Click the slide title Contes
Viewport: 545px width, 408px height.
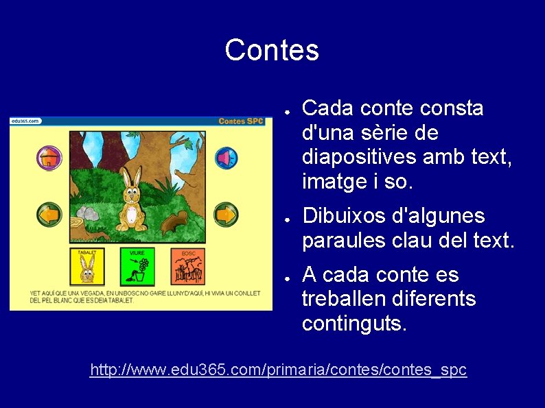[272, 50]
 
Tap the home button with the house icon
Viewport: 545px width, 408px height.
[49, 158]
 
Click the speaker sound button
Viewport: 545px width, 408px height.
[225, 158]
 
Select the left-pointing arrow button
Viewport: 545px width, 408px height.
[49, 215]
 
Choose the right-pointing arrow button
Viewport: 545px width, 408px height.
[225, 215]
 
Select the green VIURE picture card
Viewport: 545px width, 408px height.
[137, 267]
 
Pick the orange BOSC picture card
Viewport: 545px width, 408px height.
[188, 267]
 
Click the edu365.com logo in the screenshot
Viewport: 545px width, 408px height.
[25, 121]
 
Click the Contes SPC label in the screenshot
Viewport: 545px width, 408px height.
[241, 121]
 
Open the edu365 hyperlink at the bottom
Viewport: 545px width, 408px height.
[278, 370]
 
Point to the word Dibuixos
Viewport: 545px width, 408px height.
[345, 217]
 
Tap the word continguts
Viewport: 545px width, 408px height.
[353, 323]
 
